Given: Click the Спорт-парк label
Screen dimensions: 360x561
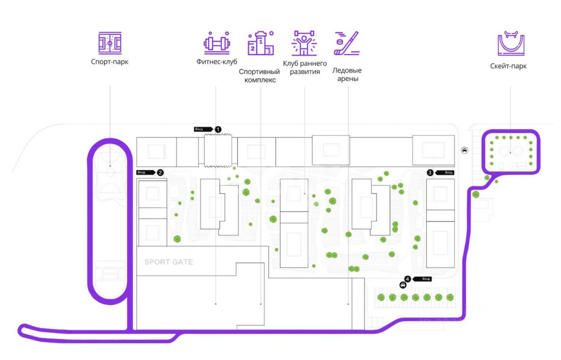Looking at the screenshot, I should pos(110,62).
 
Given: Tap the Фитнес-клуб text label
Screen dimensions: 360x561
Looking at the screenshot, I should pos(217,62).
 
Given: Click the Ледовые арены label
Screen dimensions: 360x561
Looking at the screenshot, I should pos(347,74).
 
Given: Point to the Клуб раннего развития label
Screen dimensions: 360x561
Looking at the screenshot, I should pos(305,67).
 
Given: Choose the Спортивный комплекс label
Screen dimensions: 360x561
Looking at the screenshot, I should pos(259,75).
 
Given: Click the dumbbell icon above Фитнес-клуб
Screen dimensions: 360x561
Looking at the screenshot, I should pos(217,42).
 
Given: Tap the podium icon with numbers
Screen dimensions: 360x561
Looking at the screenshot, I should pos(260,43).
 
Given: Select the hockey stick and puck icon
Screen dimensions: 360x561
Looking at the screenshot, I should pos(347,43).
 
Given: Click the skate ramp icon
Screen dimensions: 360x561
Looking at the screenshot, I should pos(511,43).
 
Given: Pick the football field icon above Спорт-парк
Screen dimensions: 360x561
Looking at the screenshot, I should pos(110,43).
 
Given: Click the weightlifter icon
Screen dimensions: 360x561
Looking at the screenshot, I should pos(305,43).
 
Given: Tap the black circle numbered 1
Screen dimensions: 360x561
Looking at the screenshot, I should pos(218,129).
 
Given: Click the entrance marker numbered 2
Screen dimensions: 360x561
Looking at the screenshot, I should pos(160,173).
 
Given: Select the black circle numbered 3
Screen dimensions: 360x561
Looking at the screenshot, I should pos(430,173).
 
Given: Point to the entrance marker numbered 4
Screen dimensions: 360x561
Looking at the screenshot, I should pos(408,279).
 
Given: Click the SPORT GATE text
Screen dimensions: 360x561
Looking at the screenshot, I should pos(169,262).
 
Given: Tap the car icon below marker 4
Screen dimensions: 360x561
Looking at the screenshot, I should pos(403,285).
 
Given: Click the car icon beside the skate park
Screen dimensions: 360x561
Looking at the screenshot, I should pos(465,150).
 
